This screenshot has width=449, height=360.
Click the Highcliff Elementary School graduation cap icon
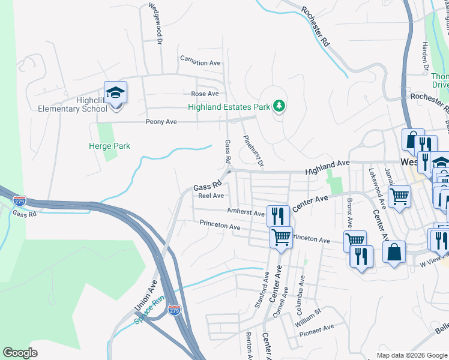click(116, 93)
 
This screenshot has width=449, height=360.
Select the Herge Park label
click(110, 146)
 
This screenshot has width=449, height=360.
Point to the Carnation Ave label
click(201, 62)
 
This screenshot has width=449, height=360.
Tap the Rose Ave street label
click(205, 94)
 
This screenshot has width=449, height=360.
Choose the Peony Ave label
click(161, 122)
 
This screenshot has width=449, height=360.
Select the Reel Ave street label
click(211, 196)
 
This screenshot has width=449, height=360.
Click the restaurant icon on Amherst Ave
click(277, 214)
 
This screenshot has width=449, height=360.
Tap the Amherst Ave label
click(246, 212)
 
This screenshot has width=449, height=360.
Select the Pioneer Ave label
click(316, 329)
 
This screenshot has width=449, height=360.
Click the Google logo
click(20, 353)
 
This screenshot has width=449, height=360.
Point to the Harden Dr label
click(424, 58)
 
